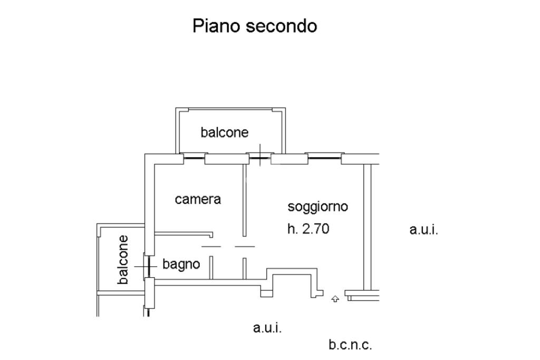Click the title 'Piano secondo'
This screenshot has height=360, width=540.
[x=255, y=26]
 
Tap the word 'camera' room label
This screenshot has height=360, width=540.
[x=198, y=199]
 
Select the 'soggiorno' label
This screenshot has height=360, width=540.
[x=317, y=207]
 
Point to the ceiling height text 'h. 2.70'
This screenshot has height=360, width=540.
[x=308, y=229]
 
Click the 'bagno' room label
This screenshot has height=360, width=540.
[x=181, y=265]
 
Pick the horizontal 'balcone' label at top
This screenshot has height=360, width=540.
[x=225, y=132]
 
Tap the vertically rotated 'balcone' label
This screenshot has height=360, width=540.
[x=122, y=259]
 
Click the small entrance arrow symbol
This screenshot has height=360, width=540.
[x=335, y=299]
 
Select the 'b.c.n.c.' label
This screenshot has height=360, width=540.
[x=350, y=345]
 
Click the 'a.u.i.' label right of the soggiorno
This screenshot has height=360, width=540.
[x=423, y=230]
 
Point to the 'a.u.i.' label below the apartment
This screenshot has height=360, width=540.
[x=267, y=328]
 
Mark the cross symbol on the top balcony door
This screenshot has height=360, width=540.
[x=260, y=155]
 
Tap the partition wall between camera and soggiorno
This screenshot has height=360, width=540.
[x=245, y=200]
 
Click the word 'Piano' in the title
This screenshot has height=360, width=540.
[x=216, y=26]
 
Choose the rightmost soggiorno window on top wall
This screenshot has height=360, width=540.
[x=324, y=158]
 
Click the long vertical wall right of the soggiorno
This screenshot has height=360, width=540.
[x=368, y=227]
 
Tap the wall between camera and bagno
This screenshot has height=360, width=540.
[x=184, y=234]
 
